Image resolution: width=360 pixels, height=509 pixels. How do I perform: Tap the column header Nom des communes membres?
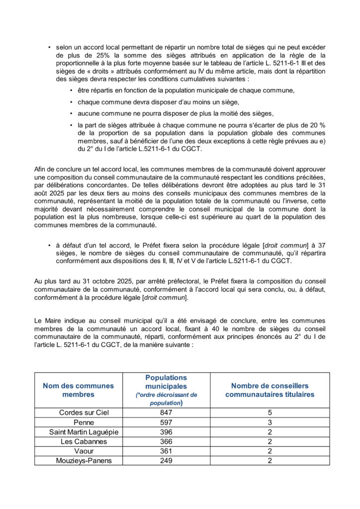click(x=78, y=390)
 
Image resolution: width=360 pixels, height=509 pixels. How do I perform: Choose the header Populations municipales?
click(x=166, y=382)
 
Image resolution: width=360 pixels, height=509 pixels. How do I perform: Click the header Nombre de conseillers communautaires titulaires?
click(x=270, y=390)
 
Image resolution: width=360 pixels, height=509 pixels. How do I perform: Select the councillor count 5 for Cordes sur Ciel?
click(x=270, y=413)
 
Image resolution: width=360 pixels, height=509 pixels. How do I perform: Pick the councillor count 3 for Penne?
click(x=270, y=422)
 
